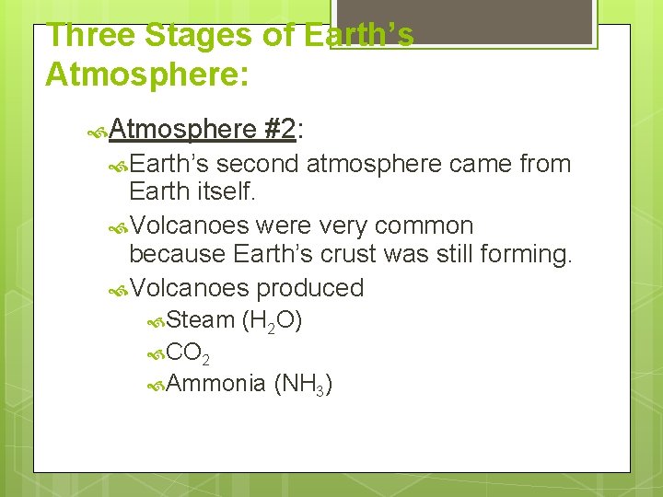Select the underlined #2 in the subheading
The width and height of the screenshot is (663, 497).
(x=278, y=130)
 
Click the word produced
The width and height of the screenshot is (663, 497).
(x=309, y=288)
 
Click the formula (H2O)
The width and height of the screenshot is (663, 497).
(x=272, y=321)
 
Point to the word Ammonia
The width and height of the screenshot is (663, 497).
(x=216, y=383)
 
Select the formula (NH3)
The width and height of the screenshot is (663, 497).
(x=303, y=384)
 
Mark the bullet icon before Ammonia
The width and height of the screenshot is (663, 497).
(x=157, y=385)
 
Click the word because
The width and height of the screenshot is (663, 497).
(x=179, y=254)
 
